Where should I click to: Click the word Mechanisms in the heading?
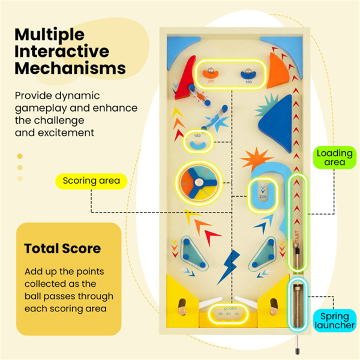(x=70, y=68)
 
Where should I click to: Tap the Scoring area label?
(x=91, y=180)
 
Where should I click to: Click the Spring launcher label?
(x=334, y=321)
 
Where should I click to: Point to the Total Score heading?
(x=62, y=248)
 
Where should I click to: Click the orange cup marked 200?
(x=211, y=76)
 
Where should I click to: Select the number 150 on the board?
(x=197, y=136)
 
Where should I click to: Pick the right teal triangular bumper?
(x=262, y=254)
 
